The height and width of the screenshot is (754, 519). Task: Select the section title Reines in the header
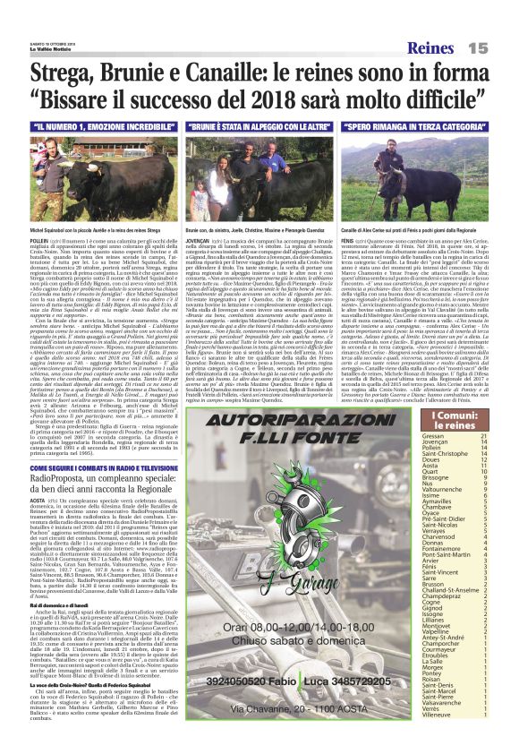pos(434,47)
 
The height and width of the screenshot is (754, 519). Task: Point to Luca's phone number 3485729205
pos(365,664)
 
